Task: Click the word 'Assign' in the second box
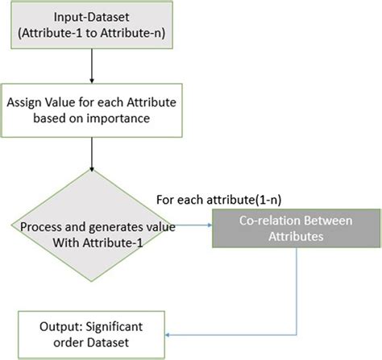(x=26, y=102)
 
